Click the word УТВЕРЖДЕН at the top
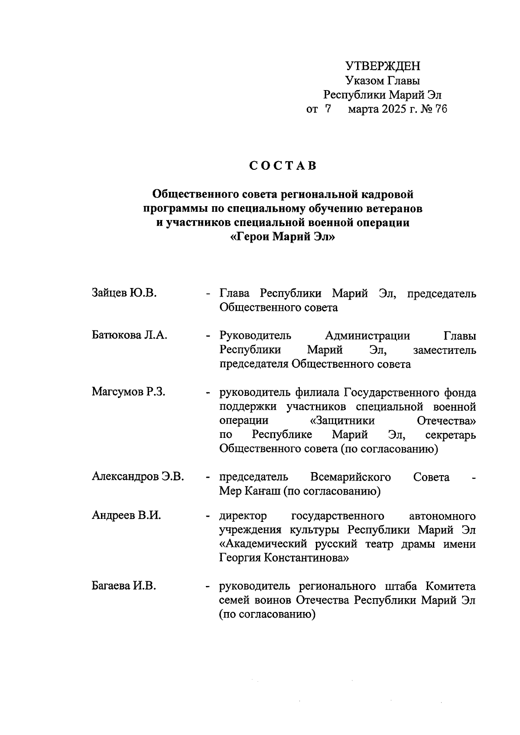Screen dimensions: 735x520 [x=383, y=66]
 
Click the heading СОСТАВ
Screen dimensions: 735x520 [x=283, y=166]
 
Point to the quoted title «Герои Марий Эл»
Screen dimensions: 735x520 [x=283, y=237]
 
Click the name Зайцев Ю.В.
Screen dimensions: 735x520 [x=124, y=293]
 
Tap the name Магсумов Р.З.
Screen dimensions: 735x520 [x=128, y=392]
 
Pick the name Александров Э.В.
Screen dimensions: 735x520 [x=138, y=477]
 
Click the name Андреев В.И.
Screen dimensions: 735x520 [x=126, y=516]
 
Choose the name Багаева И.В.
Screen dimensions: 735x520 [x=124, y=586]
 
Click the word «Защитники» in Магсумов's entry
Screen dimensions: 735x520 [x=343, y=421]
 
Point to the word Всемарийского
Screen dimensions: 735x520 [x=351, y=477]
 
